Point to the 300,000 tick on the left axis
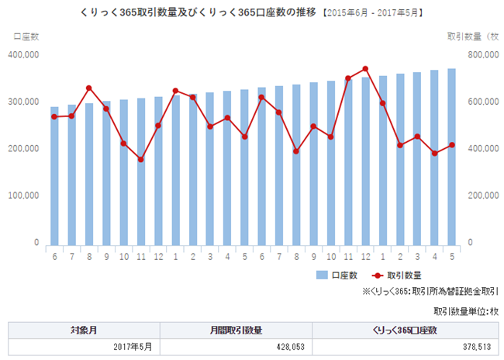coord(23,102)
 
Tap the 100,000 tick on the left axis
coord(23,196)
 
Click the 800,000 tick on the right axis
coord(480,54)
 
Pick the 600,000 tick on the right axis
coord(480,102)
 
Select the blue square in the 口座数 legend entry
coord(322,275)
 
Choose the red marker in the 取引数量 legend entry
coord(378,275)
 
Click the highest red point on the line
coord(365,69)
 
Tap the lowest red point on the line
coord(140,160)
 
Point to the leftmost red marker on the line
coord(54,116)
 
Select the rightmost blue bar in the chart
coord(451,155)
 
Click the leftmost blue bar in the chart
coord(54,175)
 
